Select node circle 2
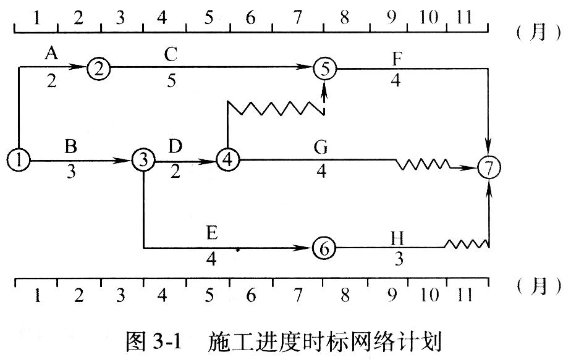(x=98, y=68)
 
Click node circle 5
(x=324, y=68)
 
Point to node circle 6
(x=323, y=248)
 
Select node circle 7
(x=489, y=167)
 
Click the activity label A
(x=51, y=54)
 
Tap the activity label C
(x=171, y=54)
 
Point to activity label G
(x=321, y=148)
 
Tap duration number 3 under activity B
(x=71, y=172)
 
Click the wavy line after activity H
(x=467, y=245)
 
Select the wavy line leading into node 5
(x=276, y=109)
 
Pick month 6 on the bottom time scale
(x=250, y=295)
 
